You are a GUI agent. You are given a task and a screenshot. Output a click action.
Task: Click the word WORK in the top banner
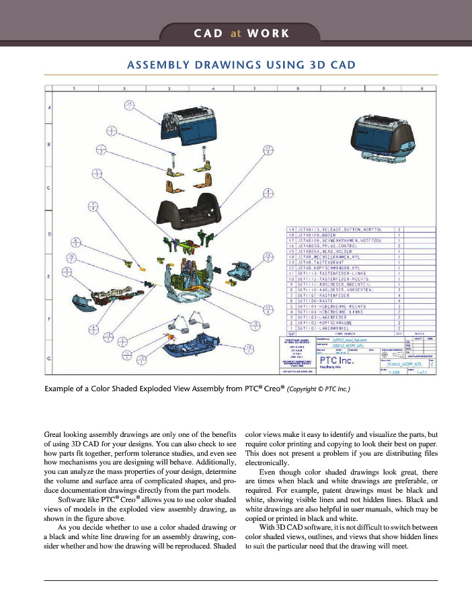click(x=268, y=33)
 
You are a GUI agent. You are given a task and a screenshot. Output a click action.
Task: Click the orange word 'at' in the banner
click(x=235, y=33)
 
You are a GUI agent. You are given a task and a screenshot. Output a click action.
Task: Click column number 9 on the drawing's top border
click(x=422, y=89)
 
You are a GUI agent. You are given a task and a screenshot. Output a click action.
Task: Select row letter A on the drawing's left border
click(x=48, y=108)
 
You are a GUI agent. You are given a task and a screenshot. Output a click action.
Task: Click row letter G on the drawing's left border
click(x=48, y=358)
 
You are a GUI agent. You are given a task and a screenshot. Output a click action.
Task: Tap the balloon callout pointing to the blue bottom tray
click(x=249, y=347)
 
